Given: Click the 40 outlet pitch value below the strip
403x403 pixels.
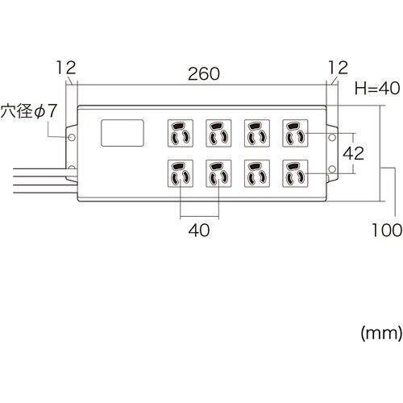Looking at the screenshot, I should (x=199, y=231).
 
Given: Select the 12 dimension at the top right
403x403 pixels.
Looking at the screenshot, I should (x=337, y=66).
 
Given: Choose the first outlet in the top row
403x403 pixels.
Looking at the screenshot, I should (x=179, y=132).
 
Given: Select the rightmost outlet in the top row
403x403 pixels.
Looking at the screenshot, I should (x=294, y=132).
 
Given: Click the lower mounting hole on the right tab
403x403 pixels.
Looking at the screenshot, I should (x=332, y=168).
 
